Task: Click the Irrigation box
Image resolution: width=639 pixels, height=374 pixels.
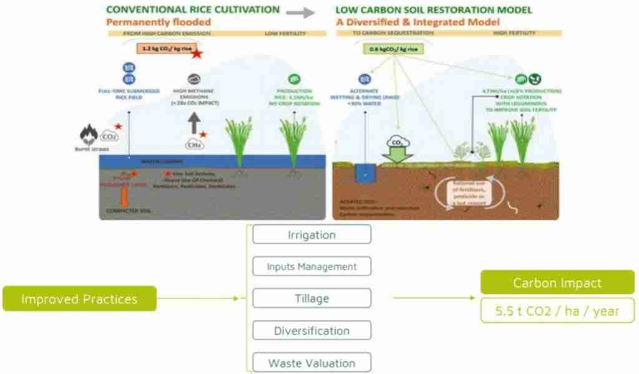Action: pos(311,235)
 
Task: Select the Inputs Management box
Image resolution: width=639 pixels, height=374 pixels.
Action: pos(311,267)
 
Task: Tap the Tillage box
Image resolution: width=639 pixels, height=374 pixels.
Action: pos(311,299)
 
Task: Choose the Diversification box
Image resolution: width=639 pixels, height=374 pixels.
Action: pos(311,330)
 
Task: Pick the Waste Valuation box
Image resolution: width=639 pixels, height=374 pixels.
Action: pos(311,362)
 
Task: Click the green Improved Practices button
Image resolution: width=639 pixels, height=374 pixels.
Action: pos(79,299)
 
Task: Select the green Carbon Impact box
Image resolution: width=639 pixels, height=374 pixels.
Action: pos(557,282)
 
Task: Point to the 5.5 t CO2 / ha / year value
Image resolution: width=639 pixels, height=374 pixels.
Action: pos(557,310)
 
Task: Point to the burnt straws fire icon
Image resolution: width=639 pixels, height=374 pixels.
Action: pos(87,133)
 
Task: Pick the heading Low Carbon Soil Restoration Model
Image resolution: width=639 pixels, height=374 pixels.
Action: pos(434,10)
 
